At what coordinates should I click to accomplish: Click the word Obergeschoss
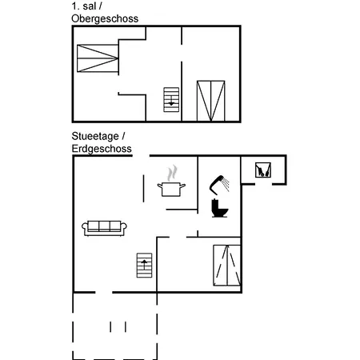point(105,19)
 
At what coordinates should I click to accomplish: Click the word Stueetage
point(95,136)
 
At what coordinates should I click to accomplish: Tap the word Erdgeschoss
point(102,149)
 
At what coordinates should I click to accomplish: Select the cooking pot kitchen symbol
point(171,189)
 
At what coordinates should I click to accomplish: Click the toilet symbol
point(219,208)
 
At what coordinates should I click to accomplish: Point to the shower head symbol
point(219,185)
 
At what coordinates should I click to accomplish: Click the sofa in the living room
point(104,228)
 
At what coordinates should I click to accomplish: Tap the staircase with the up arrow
point(144,266)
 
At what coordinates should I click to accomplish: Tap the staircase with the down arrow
point(171,100)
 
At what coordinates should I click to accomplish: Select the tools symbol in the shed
point(263,170)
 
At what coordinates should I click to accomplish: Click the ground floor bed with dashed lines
point(227,266)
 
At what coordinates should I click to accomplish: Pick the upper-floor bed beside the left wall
point(98,58)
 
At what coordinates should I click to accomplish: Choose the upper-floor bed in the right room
point(210,101)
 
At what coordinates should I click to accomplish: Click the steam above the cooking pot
point(173,173)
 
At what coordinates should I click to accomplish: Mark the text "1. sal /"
point(86,6)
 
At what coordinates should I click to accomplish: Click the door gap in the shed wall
point(263,184)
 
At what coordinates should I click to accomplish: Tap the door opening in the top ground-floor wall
point(141,155)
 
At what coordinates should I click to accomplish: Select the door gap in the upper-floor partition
point(182,53)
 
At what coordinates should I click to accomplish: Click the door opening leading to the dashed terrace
point(104,293)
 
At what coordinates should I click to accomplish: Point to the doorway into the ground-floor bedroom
point(178,237)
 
